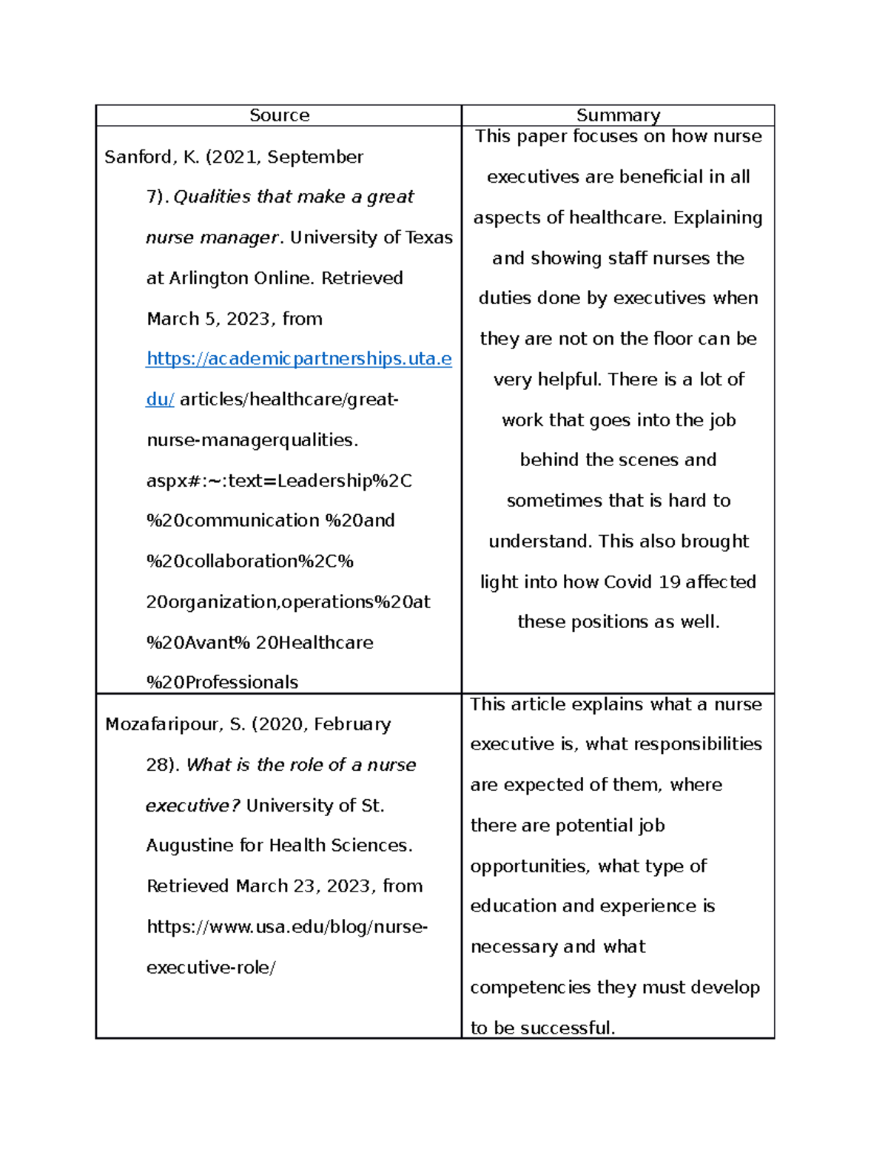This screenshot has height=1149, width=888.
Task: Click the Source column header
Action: pyautogui.click(x=279, y=115)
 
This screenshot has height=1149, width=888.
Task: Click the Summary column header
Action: pyautogui.click(x=618, y=115)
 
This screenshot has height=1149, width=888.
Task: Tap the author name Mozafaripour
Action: pyautogui.click(x=161, y=724)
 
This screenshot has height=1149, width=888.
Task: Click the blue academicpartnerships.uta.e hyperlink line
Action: pyautogui.click(x=299, y=359)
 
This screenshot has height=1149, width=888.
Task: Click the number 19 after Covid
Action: pyautogui.click(x=669, y=582)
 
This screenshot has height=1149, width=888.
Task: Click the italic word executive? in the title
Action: pyautogui.click(x=192, y=806)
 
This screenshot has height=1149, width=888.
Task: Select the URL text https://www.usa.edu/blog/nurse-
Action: pyautogui.click(x=287, y=927)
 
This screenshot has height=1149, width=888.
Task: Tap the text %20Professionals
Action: pyautogui.click(x=222, y=682)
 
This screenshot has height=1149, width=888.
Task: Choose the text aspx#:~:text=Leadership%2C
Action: pyautogui.click(x=279, y=481)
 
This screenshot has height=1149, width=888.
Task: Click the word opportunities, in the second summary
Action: pyautogui.click(x=531, y=866)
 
